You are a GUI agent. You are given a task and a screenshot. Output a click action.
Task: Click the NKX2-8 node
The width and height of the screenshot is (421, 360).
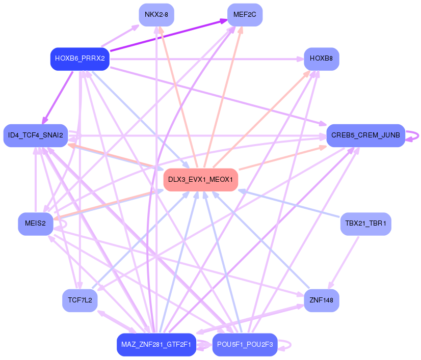click(x=156, y=14)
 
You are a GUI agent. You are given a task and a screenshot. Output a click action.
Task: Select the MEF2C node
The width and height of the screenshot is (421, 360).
click(x=245, y=14)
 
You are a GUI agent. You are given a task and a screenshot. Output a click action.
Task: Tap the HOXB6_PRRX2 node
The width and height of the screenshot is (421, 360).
click(x=80, y=59)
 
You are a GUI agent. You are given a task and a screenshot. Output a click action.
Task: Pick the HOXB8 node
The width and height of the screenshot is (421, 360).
click(x=321, y=59)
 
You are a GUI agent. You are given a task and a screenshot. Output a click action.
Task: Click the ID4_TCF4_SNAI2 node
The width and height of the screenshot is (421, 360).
click(x=36, y=135)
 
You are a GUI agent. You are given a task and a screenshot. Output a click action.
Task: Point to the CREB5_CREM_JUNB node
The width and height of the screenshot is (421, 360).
click(x=365, y=135)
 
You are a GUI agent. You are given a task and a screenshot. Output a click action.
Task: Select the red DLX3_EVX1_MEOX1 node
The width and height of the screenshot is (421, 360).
click(x=200, y=180)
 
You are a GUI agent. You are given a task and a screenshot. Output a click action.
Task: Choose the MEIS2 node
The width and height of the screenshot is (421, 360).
click(x=35, y=224)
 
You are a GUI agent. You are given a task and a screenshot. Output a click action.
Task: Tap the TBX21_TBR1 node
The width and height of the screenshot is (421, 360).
click(x=365, y=224)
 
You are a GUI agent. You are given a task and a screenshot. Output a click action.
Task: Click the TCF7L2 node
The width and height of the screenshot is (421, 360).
click(x=80, y=300)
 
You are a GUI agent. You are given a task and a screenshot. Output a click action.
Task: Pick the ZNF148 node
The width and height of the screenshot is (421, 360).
click(x=321, y=300)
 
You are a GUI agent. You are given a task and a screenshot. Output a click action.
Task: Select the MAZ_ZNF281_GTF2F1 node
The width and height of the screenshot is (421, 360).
click(x=156, y=345)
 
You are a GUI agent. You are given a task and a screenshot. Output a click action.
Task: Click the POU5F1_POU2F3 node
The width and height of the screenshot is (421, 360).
click(x=245, y=345)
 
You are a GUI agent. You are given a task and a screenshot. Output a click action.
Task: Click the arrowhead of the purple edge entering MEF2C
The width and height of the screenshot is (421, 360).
click(x=224, y=20)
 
